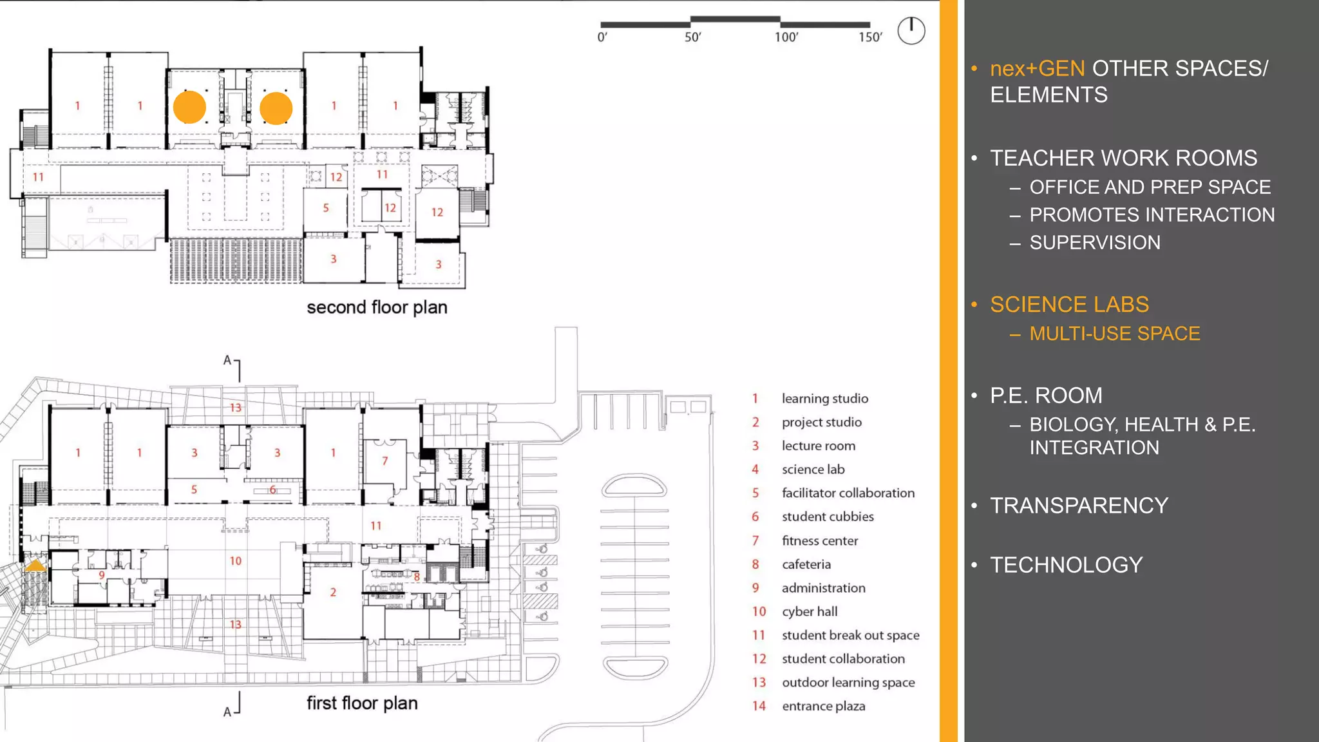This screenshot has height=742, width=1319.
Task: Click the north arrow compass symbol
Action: (x=911, y=30)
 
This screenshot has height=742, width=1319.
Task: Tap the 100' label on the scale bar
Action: (x=786, y=37)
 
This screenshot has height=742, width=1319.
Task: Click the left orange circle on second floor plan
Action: (x=189, y=107)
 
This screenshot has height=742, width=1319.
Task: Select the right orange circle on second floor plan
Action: (x=276, y=108)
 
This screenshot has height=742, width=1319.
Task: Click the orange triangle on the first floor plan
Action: (x=35, y=566)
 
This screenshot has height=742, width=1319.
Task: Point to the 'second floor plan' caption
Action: (x=377, y=307)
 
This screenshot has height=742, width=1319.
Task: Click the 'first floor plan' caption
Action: (x=362, y=703)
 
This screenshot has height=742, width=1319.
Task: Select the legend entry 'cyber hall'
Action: (x=810, y=611)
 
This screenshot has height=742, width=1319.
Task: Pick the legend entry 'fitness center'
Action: (x=820, y=540)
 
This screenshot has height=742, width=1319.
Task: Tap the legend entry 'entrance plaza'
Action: (x=823, y=706)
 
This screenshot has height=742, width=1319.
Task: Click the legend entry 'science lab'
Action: (x=813, y=470)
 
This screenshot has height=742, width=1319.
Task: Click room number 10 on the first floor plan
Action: (x=236, y=561)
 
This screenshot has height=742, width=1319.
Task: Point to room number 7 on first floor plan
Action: (x=384, y=461)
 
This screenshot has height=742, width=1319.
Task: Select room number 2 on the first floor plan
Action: (x=333, y=592)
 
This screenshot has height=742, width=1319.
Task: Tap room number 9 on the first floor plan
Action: (x=102, y=575)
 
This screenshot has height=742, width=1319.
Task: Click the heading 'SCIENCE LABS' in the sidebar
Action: (x=1069, y=304)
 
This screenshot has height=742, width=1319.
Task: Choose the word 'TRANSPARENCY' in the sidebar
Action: (x=1079, y=506)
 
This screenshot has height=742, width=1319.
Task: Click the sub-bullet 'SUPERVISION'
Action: (x=1095, y=243)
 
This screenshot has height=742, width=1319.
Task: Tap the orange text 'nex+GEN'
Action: (x=1037, y=68)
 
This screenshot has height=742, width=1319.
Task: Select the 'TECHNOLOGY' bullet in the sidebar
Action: (x=1066, y=565)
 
